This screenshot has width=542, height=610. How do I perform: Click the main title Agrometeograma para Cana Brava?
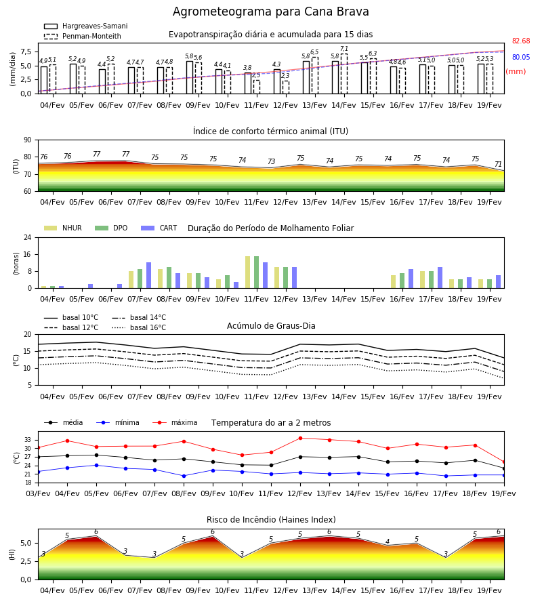point(270,12)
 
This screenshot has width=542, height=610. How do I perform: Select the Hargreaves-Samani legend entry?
point(85,26)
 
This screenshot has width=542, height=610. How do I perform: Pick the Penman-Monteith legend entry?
point(83,36)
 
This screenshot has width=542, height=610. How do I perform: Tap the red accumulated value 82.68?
point(521,41)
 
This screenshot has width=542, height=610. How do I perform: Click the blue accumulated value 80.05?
point(521,57)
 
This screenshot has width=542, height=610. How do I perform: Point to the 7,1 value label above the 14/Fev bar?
point(344,49)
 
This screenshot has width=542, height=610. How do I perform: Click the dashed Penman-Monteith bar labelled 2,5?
point(257,87)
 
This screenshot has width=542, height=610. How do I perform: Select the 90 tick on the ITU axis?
point(28,140)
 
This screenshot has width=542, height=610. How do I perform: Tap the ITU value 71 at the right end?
point(498,164)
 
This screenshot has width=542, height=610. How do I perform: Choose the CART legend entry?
point(159,228)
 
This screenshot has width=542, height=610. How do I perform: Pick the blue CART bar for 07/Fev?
point(148,275)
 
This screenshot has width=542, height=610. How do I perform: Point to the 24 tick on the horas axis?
point(28,237)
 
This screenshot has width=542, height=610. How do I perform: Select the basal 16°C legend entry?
point(139,327)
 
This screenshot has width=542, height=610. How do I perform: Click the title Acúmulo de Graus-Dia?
point(271,326)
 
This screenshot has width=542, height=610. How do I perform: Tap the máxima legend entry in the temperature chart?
point(175,422)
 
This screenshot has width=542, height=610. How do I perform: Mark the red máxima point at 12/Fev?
point(300,438)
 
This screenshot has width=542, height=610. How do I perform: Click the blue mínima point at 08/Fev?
point(184,476)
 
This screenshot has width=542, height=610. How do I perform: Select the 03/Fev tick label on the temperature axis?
point(38,493)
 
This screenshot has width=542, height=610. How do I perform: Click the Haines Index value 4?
point(388,542)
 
